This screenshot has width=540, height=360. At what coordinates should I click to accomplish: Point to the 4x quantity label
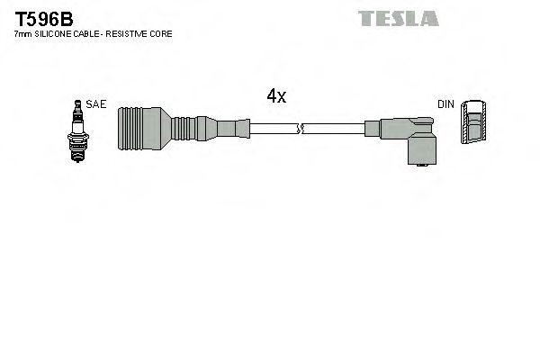pyautogui.click(x=276, y=97)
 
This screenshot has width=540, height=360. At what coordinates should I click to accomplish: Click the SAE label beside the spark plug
pyautogui.click(x=97, y=104)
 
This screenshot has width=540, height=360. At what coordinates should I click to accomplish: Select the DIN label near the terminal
pyautogui.click(x=445, y=104)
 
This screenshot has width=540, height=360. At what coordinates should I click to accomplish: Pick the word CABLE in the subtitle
pyautogui.click(x=91, y=33)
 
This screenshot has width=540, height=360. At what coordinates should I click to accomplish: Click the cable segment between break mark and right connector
pyautogui.click(x=337, y=130)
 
